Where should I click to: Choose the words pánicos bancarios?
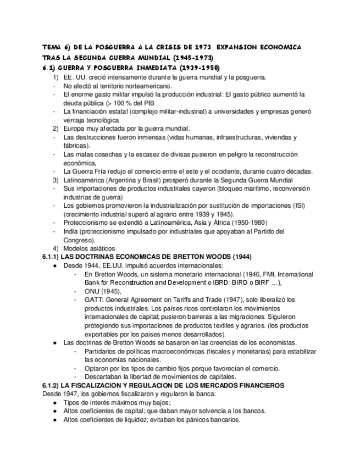(x=211, y=419)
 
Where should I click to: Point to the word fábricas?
(x=76, y=146)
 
